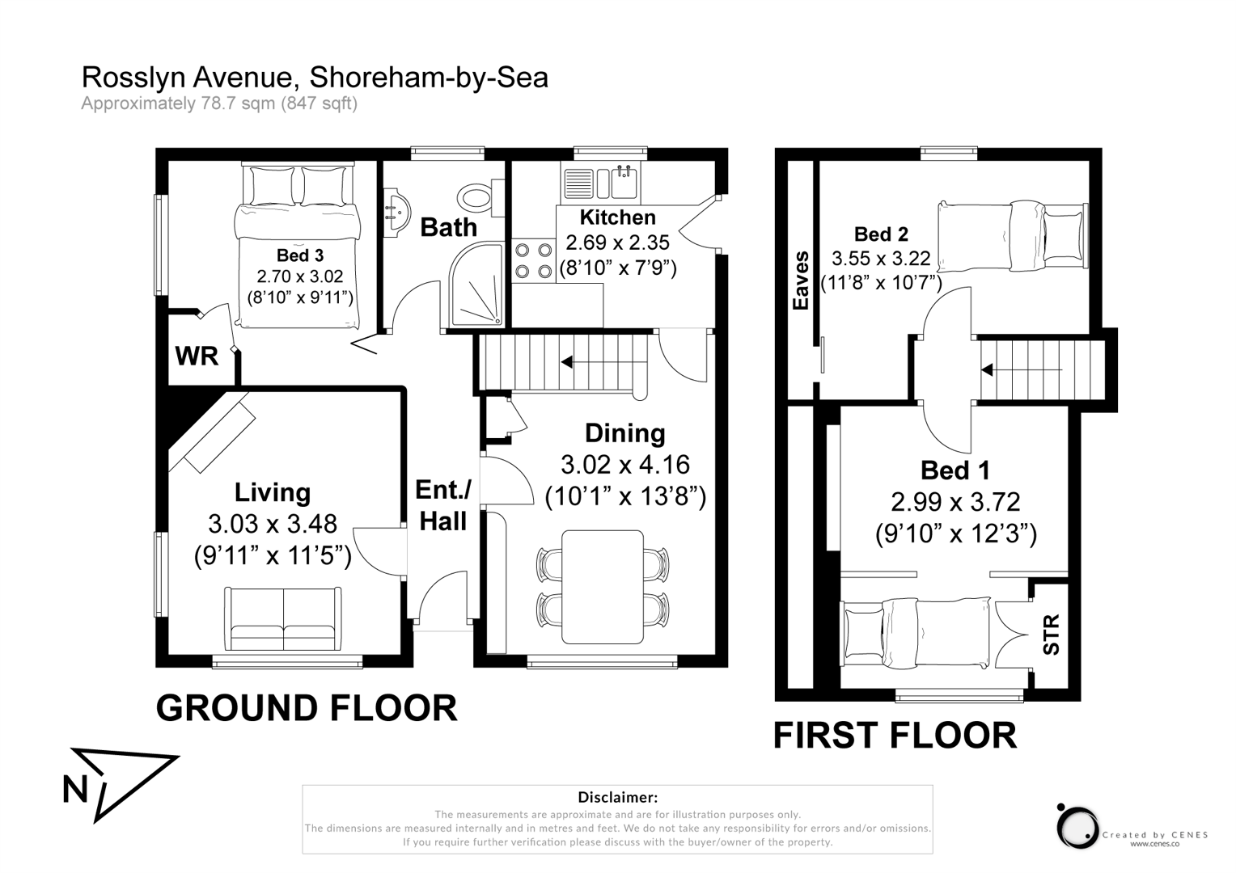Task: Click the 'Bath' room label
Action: tap(448, 227)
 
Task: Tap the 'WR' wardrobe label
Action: tap(197, 356)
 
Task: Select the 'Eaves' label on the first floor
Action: tap(801, 280)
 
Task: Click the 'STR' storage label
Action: tap(1050, 635)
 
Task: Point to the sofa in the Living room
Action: tap(283, 618)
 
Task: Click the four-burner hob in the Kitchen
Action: tap(533, 261)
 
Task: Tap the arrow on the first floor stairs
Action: tap(988, 370)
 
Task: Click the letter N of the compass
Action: tap(75, 789)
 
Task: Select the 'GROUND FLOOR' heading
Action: tap(307, 708)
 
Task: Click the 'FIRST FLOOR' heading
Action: tap(895, 736)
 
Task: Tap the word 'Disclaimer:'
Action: tap(617, 798)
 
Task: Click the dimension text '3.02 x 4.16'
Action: tap(624, 465)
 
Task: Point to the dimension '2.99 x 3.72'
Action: tap(955, 502)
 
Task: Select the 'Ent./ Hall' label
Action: tap(442, 505)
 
